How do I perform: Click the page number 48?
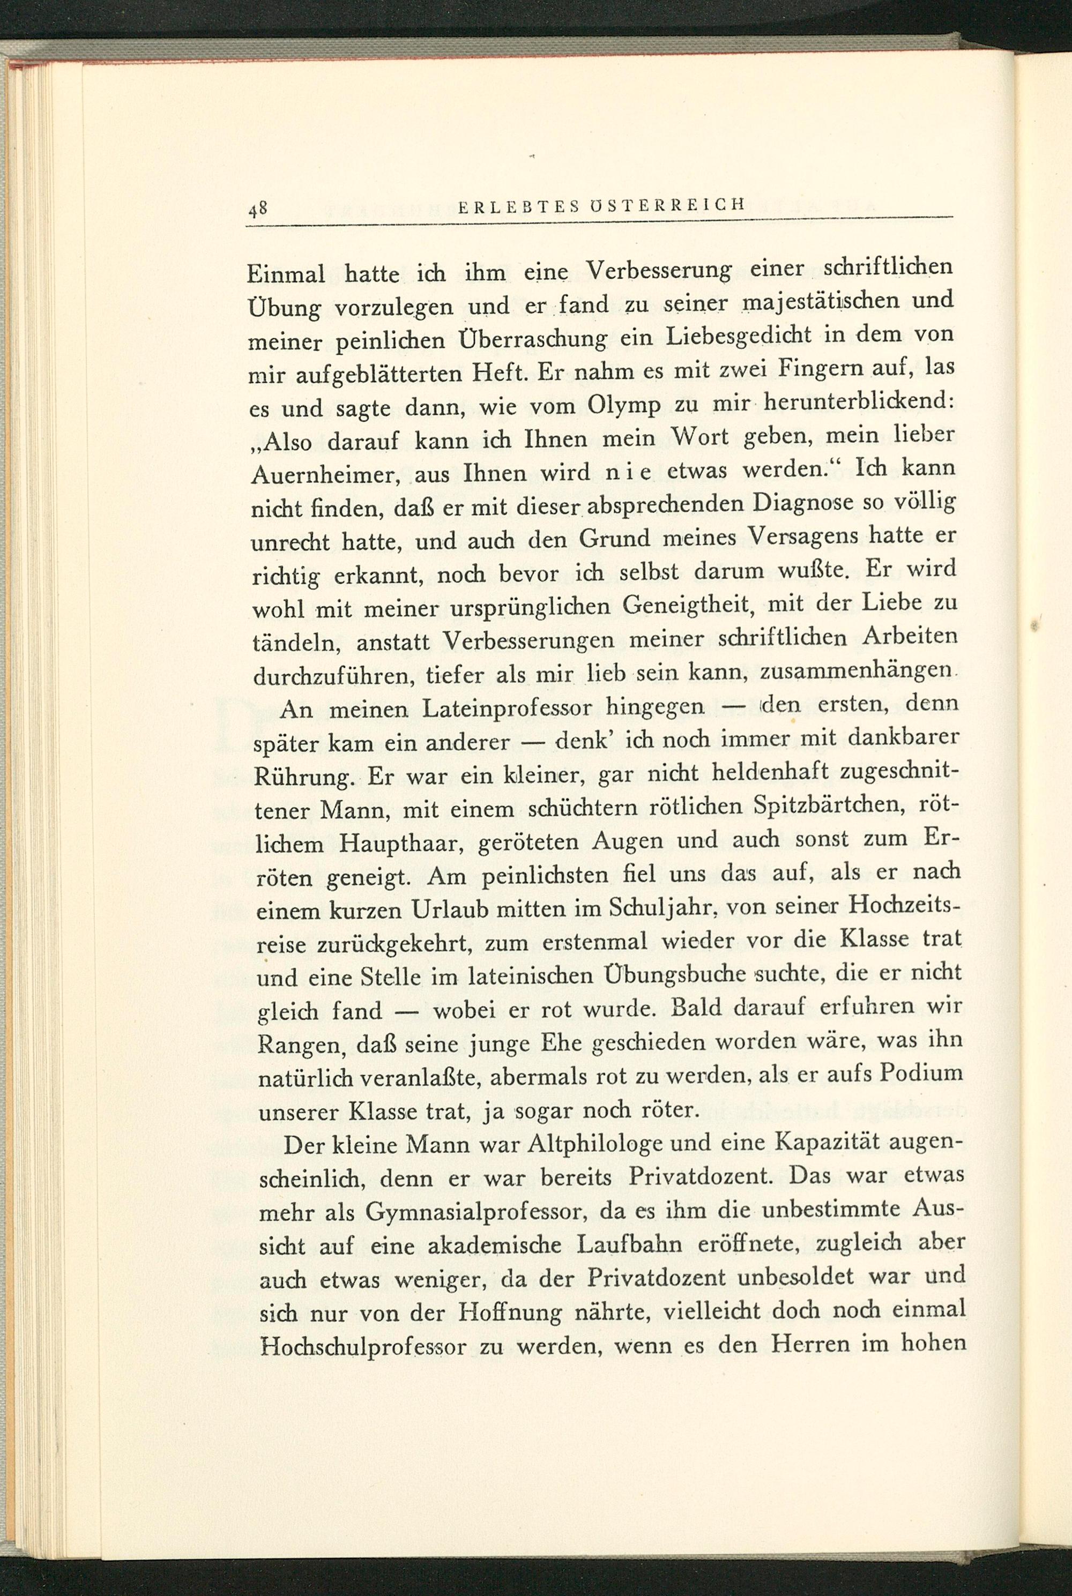click(x=257, y=208)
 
